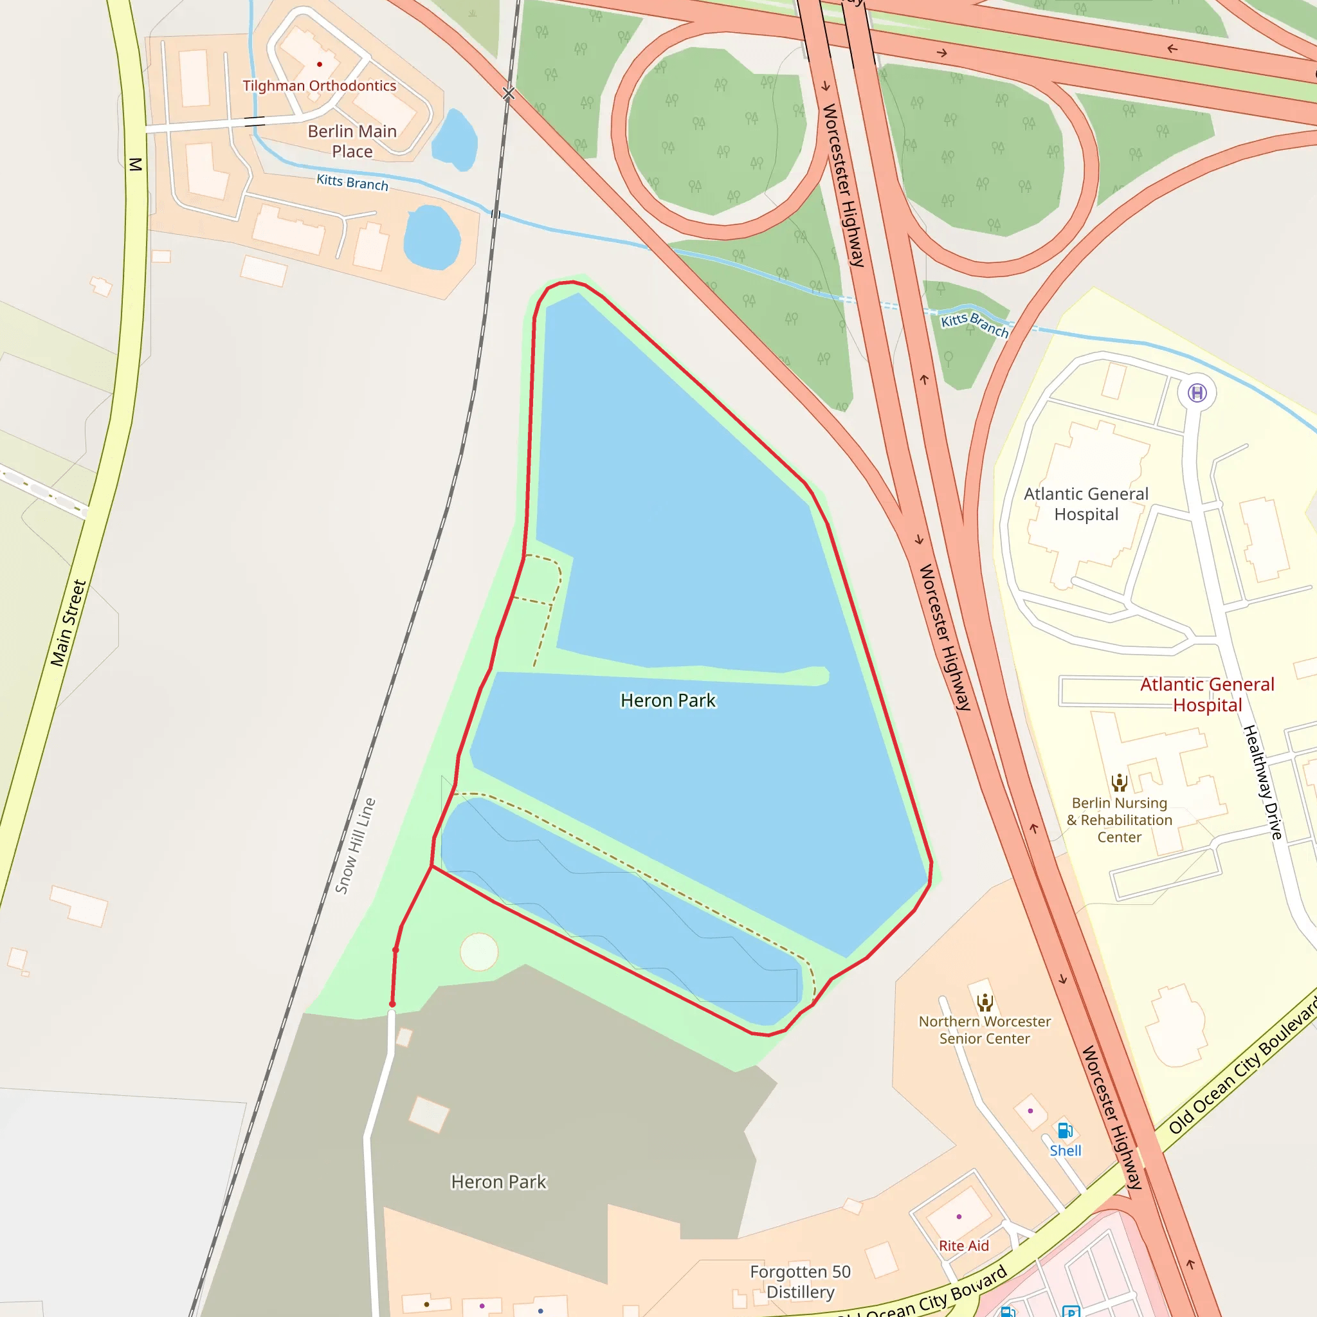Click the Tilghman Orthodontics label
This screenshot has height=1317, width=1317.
(319, 86)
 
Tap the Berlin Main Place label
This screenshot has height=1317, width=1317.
(352, 141)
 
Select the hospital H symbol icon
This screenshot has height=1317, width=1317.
(1197, 393)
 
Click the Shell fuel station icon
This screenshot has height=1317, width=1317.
(1065, 1131)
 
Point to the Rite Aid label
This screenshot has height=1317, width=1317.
(963, 1246)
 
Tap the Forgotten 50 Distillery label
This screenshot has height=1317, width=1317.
(800, 1282)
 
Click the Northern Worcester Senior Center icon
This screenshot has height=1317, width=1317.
(985, 1002)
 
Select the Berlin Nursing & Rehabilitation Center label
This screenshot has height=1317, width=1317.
(1120, 819)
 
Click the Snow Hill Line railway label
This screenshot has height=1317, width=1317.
(355, 846)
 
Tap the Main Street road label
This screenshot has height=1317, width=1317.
(68, 623)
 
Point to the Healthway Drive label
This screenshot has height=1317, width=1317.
(1262, 782)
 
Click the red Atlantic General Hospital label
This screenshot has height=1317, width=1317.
(1207, 695)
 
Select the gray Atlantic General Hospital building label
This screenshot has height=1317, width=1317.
(1086, 504)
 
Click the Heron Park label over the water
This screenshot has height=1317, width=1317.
(668, 700)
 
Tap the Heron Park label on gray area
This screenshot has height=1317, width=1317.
(498, 1181)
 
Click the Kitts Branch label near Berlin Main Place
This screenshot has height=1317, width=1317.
(352, 182)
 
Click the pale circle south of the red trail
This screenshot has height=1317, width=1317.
(479, 952)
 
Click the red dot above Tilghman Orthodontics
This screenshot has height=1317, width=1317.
(319, 64)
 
